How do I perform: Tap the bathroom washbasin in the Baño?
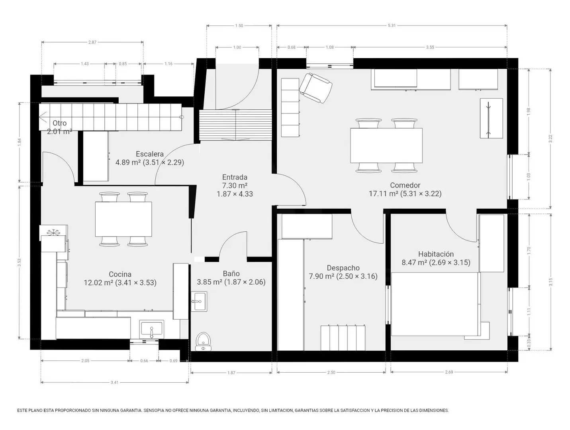199,301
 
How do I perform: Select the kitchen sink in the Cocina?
151,329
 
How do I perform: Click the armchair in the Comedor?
315,88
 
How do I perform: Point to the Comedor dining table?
386,145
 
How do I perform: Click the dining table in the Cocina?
123,219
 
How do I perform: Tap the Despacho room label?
343,268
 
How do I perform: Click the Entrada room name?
235,177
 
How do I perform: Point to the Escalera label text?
150,154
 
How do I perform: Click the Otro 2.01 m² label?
59,127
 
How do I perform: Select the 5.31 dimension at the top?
392,25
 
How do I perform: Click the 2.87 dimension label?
92,42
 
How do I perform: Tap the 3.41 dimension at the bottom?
115,382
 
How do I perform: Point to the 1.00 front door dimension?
237,47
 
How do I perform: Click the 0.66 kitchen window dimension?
144,360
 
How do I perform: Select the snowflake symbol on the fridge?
53,232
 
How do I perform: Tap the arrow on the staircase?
43,117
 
